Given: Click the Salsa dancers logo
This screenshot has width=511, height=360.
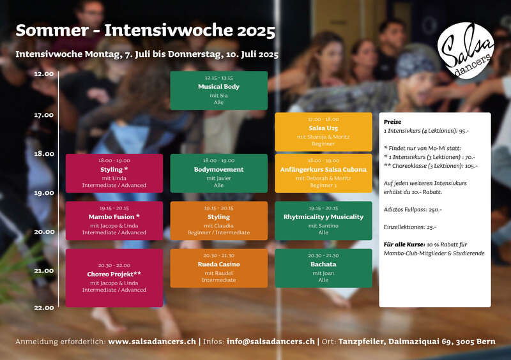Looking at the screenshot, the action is pos(466,50).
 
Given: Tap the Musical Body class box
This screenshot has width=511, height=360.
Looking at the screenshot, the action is pos(218,90).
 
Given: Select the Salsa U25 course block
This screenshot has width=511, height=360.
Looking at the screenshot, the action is pos(323,131).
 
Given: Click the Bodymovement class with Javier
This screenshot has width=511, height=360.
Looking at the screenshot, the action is pos(218,173).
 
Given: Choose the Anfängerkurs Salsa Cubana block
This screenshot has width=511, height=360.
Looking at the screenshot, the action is pos(323,173).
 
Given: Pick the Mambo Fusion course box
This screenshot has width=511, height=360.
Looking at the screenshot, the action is pos(114,221).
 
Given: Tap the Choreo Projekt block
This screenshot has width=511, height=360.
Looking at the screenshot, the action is pos(114,278).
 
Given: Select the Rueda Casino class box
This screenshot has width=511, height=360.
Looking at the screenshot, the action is pos(218,268).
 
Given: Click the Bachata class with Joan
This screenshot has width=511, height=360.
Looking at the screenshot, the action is pos(323,268).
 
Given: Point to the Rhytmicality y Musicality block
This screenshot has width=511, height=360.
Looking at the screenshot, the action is pos(323,221).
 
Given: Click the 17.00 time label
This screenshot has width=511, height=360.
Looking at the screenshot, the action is pos(44,115).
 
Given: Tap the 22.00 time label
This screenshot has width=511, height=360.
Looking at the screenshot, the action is pos(44,308).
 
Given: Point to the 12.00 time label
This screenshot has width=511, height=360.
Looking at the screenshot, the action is pos(44,74).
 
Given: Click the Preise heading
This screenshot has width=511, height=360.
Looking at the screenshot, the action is pos(392,122).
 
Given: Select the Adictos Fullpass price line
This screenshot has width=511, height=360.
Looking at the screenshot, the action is pos(413,209).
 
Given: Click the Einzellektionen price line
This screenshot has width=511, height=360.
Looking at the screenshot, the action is pos(410,227).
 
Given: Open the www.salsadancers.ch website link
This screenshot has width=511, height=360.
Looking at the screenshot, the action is pos(152,341).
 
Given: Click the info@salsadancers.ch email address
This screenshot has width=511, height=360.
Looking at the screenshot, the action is pos(271,341).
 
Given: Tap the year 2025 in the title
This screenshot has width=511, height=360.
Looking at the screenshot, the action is pos(256,31).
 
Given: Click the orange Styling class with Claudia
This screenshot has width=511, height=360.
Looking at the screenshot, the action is pos(218,221).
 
